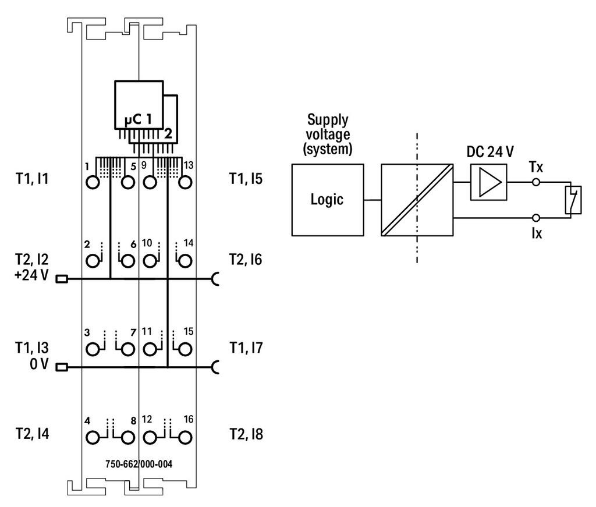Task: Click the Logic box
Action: click(x=327, y=200)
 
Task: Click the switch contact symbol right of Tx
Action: click(x=572, y=200)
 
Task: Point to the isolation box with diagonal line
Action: click(x=417, y=200)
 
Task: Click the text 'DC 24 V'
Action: click(x=490, y=152)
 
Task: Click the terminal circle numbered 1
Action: click(x=93, y=182)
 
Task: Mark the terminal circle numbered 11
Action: click(x=150, y=349)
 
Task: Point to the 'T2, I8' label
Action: click(x=246, y=434)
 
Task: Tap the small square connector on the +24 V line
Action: click(x=61, y=279)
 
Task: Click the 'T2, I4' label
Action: click(x=32, y=434)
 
